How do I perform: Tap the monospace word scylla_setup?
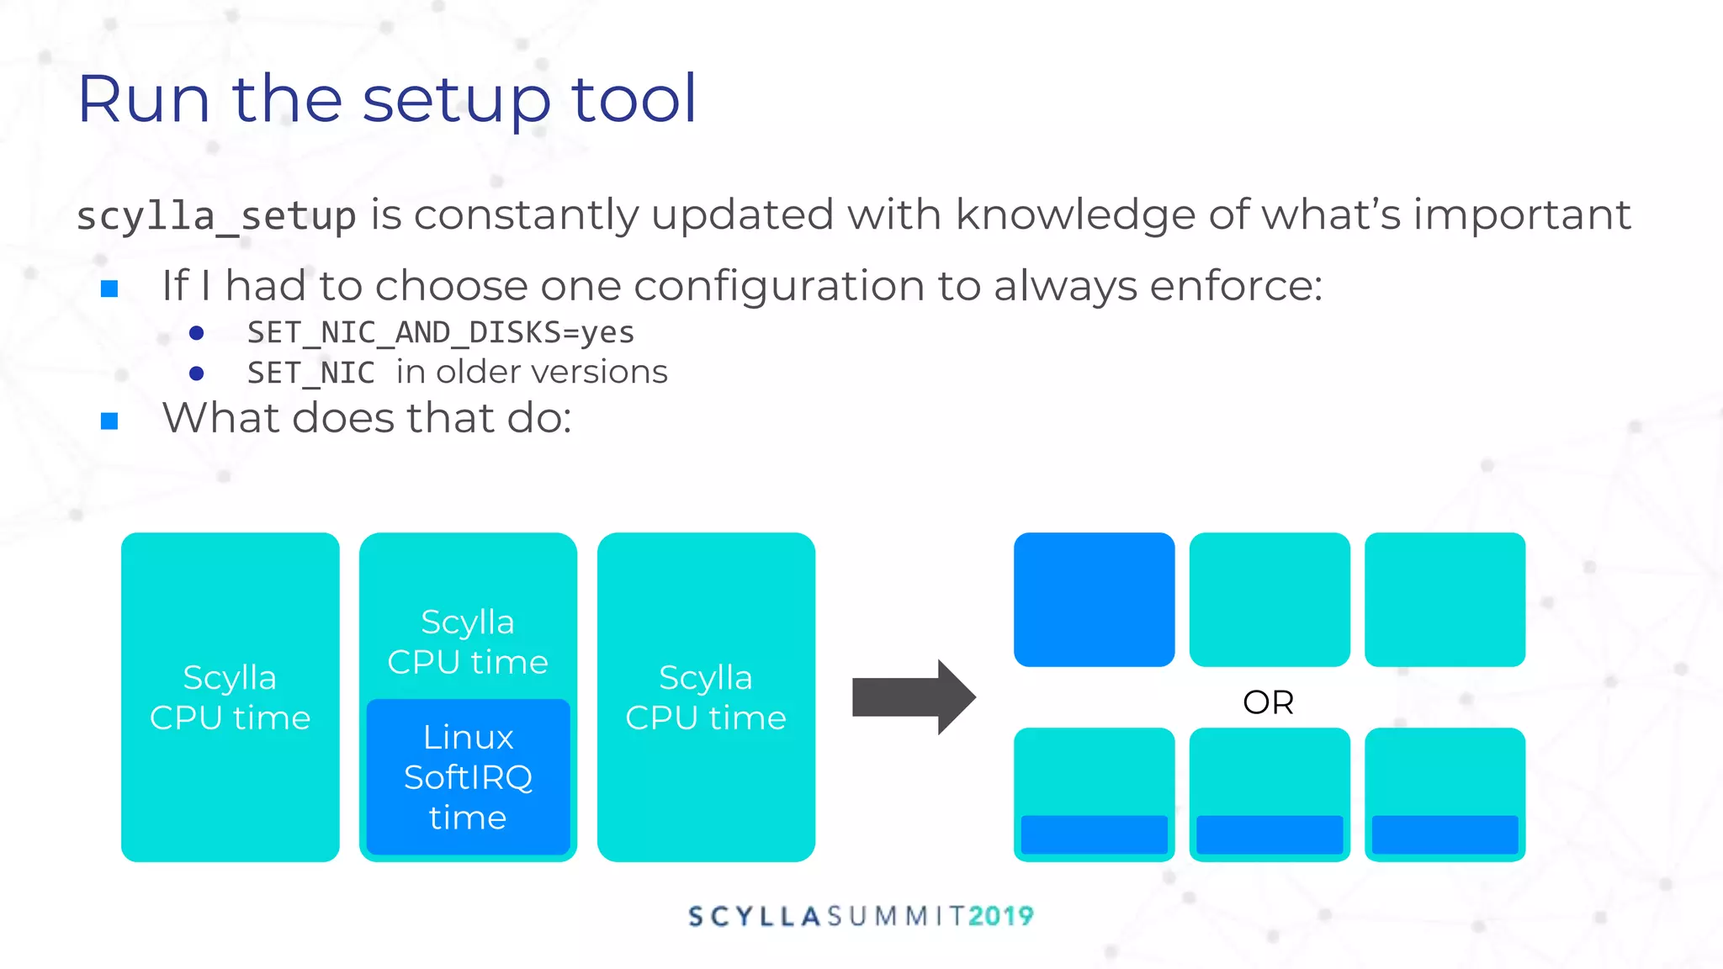(x=216, y=216)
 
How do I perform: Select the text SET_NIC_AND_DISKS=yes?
(x=441, y=332)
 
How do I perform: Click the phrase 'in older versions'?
(x=532, y=372)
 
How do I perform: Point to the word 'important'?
(x=1522, y=214)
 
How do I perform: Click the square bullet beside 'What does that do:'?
(x=109, y=421)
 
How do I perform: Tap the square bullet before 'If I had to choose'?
(x=109, y=289)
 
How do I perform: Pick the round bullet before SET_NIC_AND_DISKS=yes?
(x=197, y=333)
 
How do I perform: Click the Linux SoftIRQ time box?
(x=468, y=777)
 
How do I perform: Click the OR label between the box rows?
(x=1268, y=702)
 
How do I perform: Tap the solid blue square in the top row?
(x=1094, y=599)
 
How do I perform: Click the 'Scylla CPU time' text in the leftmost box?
(x=230, y=697)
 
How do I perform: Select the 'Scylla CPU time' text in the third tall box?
(x=706, y=697)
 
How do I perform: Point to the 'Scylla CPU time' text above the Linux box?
(x=468, y=642)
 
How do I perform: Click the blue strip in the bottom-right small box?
(x=1445, y=834)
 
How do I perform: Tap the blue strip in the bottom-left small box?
(x=1094, y=834)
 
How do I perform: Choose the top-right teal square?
(x=1445, y=599)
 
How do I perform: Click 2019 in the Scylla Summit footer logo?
(x=1000, y=916)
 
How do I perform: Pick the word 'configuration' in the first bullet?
(x=777, y=286)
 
